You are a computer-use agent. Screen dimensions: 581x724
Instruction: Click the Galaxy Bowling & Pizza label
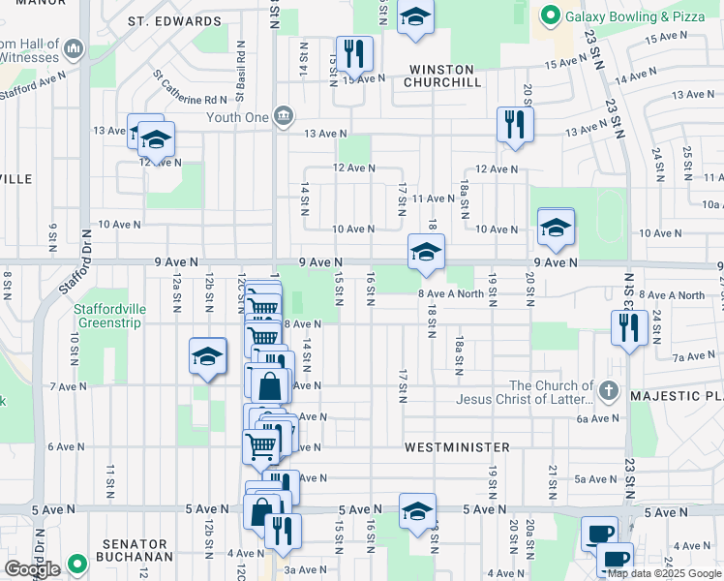[635, 15]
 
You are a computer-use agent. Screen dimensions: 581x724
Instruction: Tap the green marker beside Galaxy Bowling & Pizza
[551, 15]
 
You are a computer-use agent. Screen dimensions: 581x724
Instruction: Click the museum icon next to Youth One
[283, 117]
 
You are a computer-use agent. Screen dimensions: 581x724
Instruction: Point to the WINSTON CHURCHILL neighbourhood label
[441, 76]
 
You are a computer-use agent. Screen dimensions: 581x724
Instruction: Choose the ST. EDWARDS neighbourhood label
[174, 21]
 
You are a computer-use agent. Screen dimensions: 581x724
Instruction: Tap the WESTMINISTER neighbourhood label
[457, 447]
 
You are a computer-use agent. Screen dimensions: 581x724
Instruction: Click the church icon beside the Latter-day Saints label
[607, 391]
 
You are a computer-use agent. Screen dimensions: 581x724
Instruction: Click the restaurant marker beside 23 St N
[628, 327]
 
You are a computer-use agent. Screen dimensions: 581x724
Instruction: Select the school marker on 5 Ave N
[417, 510]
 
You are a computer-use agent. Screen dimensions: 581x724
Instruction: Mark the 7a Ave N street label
[692, 357]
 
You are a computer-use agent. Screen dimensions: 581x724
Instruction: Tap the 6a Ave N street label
[596, 418]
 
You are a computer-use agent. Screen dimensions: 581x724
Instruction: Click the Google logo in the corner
[32, 569]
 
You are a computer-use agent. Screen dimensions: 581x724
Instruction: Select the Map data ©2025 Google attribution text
[663, 573]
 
